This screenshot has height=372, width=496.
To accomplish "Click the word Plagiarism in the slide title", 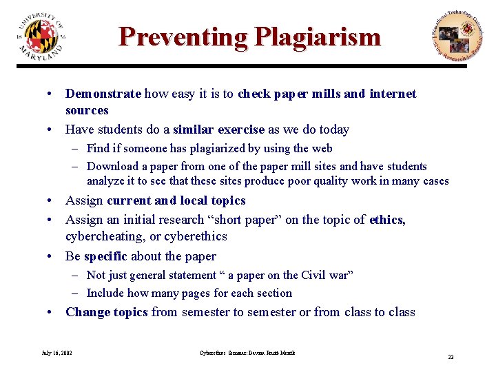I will click(317, 37).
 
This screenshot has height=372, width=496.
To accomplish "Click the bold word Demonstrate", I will click(103, 94).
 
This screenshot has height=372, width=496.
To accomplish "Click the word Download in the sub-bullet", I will click(113, 166).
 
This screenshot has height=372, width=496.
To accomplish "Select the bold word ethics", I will click(387, 220).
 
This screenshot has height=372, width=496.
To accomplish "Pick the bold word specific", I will click(105, 256).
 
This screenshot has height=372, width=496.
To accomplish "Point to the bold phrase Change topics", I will click(106, 312).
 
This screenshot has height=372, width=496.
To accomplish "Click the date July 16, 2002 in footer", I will click(56, 353).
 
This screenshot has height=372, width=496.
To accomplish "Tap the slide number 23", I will click(451, 357).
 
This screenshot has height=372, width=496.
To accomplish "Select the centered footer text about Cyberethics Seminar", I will click(247, 353).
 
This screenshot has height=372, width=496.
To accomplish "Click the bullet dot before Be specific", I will click(51, 256).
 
